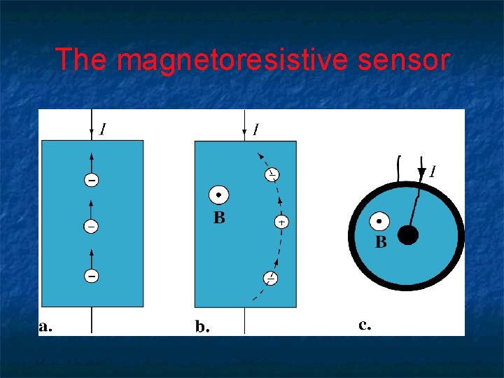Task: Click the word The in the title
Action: coord(80,60)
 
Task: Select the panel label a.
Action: coord(45,325)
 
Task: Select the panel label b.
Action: coord(202,325)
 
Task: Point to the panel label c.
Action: coord(365,324)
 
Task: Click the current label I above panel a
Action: coord(104,129)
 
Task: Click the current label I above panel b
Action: coord(256,129)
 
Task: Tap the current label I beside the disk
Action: coord(433,171)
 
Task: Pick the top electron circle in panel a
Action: coord(92,181)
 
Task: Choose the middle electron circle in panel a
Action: coord(92,227)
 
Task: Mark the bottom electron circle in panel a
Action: coord(92,276)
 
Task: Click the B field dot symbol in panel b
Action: coord(218,195)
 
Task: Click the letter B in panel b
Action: coord(219,218)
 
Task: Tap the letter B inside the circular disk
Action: coord(381,243)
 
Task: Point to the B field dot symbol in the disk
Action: coord(379,221)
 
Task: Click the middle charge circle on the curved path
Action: coord(281,221)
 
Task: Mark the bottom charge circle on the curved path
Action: coord(270,279)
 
